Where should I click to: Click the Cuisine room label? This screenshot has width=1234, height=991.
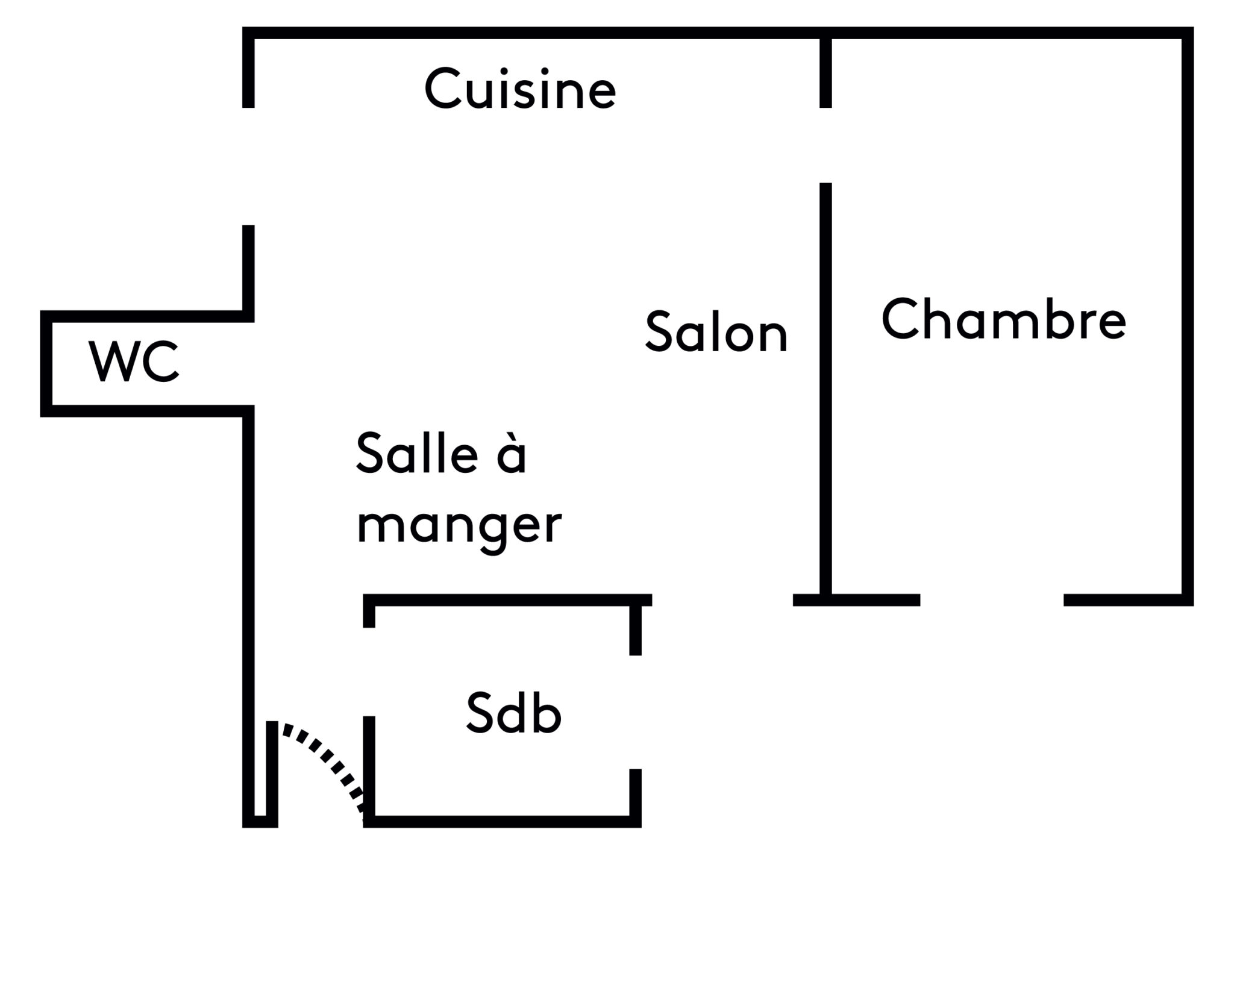tap(520, 90)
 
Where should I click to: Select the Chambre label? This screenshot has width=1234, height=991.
tap(1003, 319)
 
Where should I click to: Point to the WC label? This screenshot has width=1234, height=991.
tap(134, 361)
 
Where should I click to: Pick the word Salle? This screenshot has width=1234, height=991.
tap(413, 452)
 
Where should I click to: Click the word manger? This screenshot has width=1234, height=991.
tap(459, 524)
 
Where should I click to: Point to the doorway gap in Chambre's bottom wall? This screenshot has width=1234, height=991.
tap(992, 600)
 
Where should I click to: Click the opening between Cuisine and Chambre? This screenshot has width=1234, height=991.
tap(825, 145)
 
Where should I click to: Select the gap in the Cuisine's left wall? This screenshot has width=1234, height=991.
tap(248, 166)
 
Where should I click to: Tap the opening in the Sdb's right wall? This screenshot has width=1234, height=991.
tap(635, 711)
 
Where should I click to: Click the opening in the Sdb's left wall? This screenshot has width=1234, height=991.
tap(369, 672)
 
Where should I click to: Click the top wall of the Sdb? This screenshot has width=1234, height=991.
tap(506, 600)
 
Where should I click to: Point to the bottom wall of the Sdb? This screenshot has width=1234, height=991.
tap(503, 822)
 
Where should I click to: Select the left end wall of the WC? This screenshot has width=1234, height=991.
tap(46, 364)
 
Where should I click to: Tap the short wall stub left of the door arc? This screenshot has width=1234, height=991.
tap(272, 771)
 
